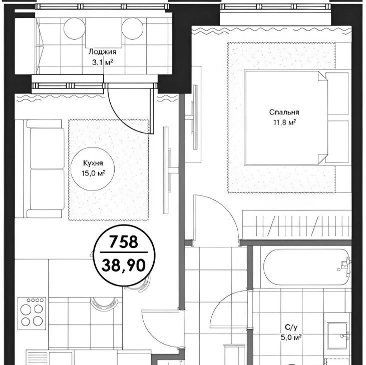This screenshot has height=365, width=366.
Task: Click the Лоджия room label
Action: [x=102, y=52]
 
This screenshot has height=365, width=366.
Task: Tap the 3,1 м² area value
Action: [x=103, y=62]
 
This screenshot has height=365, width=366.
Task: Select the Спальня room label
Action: [x=284, y=112]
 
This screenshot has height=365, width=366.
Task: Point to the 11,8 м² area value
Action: [x=285, y=122]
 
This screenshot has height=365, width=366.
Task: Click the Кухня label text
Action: [x=93, y=163]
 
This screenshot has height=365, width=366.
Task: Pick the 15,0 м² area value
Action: [x=93, y=173]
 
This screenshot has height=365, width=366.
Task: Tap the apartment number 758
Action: [x=124, y=241]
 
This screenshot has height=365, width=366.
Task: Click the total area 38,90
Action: [x=124, y=265]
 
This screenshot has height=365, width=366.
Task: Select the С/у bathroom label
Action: [x=291, y=327]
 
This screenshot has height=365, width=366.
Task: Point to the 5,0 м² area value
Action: [x=291, y=337]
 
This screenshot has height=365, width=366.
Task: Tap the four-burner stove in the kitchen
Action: [x=32, y=313]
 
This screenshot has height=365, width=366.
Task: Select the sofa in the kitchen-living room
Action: [x=44, y=168]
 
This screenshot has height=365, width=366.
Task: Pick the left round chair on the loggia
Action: [x=74, y=29]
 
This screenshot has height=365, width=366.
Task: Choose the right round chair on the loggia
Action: [x=132, y=29]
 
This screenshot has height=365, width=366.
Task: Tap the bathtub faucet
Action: [x=345, y=263]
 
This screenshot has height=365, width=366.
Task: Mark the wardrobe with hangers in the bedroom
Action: [x=297, y=224]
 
